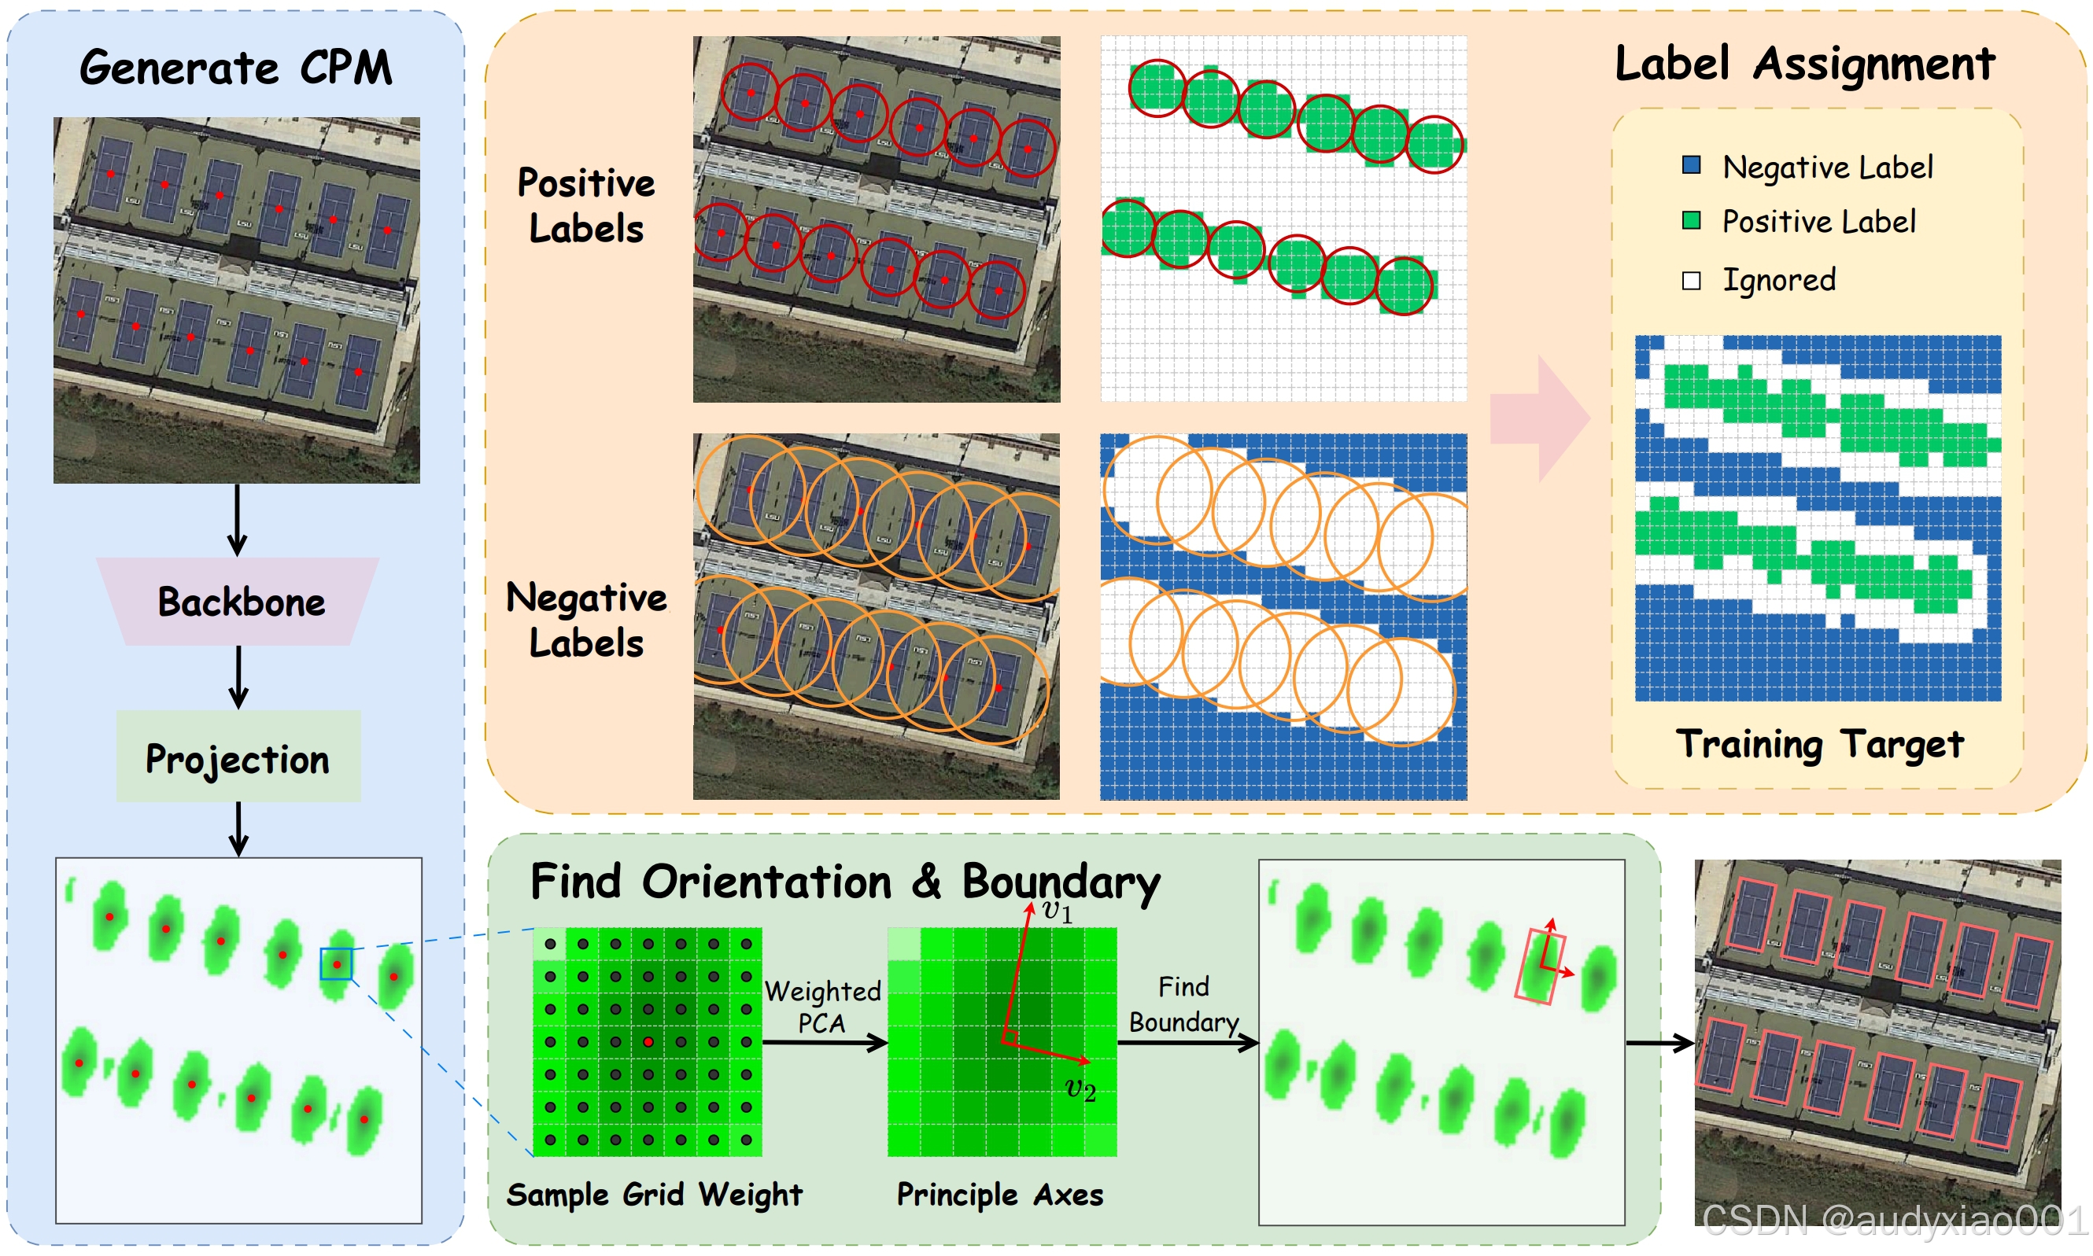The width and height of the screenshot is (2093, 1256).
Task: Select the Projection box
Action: tap(238, 757)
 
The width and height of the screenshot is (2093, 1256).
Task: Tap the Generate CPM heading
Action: tap(236, 68)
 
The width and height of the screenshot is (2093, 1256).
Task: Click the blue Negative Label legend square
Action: tap(1691, 165)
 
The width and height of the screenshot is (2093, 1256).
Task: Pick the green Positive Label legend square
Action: tap(1691, 221)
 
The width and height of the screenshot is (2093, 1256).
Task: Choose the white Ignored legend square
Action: tap(1691, 281)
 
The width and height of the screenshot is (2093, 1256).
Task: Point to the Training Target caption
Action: tap(1818, 745)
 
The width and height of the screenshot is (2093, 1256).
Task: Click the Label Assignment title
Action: tap(1804, 64)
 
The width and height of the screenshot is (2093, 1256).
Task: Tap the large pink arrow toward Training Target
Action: tap(1540, 419)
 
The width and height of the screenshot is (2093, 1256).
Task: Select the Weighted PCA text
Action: tap(822, 1007)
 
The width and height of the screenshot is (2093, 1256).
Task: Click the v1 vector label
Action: tap(1057, 911)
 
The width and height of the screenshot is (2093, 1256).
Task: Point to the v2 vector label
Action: tap(1080, 1088)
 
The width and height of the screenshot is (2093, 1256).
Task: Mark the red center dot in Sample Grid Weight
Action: tap(648, 1042)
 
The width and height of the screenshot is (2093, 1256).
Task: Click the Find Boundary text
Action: tap(1183, 1004)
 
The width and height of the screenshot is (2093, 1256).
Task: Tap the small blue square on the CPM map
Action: tap(336, 964)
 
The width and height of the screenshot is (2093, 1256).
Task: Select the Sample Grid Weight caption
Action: tap(655, 1195)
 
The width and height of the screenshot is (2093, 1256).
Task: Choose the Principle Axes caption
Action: tap(1000, 1195)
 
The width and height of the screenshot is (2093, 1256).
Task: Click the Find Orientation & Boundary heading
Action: tap(845, 882)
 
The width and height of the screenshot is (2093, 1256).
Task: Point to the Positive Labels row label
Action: tap(586, 206)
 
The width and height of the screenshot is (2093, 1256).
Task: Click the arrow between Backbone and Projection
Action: tap(238, 677)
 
